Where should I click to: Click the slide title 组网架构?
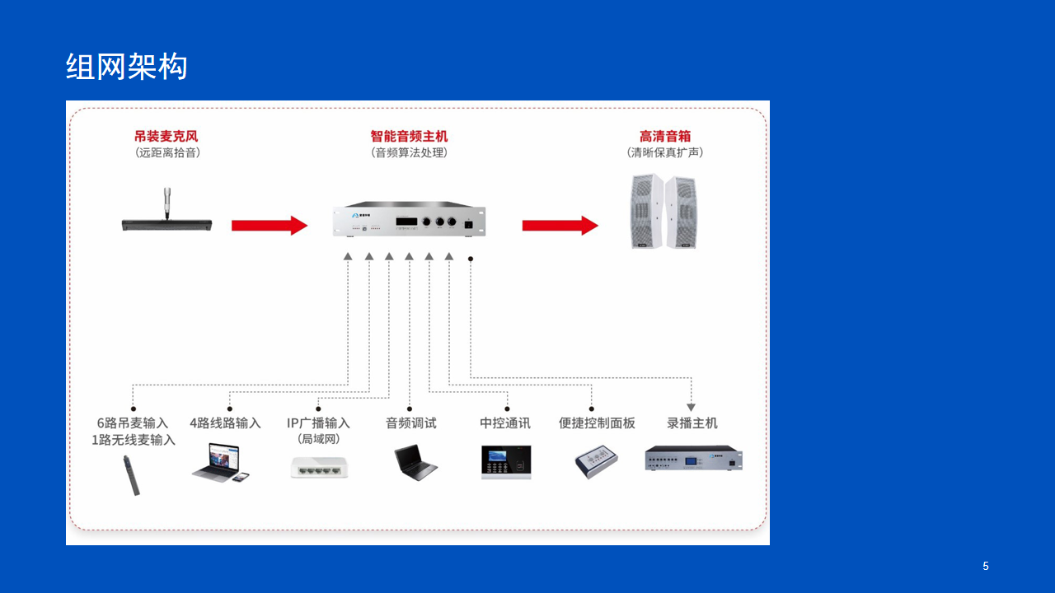126,66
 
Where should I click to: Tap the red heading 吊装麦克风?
166,137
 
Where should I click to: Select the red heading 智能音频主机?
409,137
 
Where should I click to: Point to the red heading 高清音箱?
665,137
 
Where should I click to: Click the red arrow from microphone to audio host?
270,226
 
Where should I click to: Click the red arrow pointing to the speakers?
560,226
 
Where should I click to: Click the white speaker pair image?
663,212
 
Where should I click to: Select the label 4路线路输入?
225,423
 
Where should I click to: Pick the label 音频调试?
410,423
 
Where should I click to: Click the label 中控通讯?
505,423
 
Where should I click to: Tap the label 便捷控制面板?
597,423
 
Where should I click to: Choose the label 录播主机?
692,423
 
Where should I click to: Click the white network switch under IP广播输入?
319,467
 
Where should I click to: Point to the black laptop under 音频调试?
415,462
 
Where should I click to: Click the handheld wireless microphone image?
131,475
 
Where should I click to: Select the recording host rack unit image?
693,459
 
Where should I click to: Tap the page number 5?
986,566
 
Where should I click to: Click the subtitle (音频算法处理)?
409,152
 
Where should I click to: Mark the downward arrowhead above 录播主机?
691,408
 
